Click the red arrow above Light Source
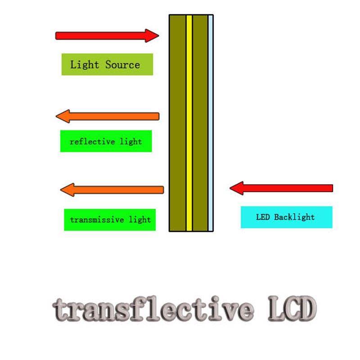click(x=103, y=36)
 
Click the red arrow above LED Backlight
click(x=283, y=188)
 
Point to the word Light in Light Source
click(x=85, y=64)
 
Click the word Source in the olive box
click(x=122, y=64)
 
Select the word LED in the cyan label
click(x=263, y=217)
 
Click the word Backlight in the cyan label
click(x=294, y=217)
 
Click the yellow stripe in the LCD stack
click(x=189, y=123)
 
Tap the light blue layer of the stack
click(x=211, y=123)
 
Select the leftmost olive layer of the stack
click(x=178, y=123)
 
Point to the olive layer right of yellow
click(x=200, y=123)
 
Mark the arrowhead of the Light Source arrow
click(x=152, y=36)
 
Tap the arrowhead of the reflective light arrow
click(x=63, y=117)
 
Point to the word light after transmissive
click(x=139, y=220)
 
